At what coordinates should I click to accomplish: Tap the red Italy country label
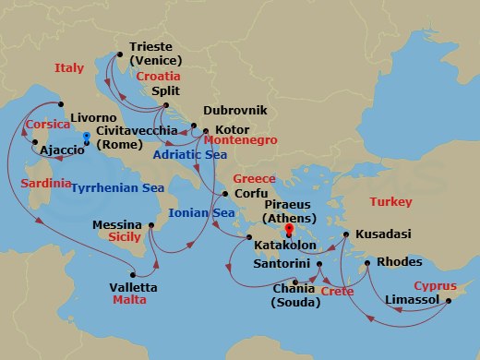click(x=69, y=67)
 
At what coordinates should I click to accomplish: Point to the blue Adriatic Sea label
click(x=184, y=154)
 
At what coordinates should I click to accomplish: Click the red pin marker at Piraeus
click(x=289, y=229)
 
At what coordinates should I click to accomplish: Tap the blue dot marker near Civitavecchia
click(x=86, y=137)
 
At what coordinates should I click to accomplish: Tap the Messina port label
click(x=117, y=224)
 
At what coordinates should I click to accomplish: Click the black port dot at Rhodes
click(x=367, y=265)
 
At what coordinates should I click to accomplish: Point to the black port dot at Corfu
click(x=224, y=193)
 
